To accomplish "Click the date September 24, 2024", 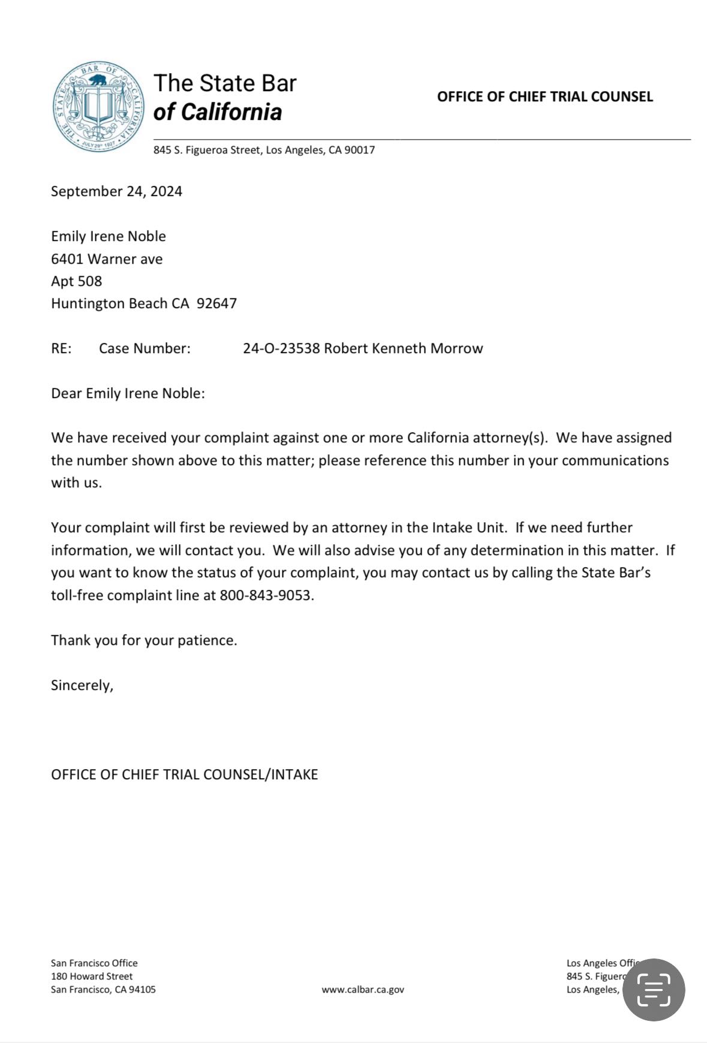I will [116, 191].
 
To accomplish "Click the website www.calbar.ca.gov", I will [363, 989].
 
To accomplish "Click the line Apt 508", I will [76, 281].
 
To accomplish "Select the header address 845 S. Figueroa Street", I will [264, 150].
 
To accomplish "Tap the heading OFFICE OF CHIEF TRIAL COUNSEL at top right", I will [544, 97].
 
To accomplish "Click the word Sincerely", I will [82, 685].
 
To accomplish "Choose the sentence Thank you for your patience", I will [144, 640].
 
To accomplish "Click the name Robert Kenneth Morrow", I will [403, 348].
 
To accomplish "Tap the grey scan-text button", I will [653, 990].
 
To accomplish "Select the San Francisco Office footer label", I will [94, 963].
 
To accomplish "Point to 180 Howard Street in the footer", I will [92, 976].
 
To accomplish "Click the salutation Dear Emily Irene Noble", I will [128, 393].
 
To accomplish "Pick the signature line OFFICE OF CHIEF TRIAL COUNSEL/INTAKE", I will [184, 774].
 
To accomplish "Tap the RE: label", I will [61, 348].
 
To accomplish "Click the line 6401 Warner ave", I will [107, 259].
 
